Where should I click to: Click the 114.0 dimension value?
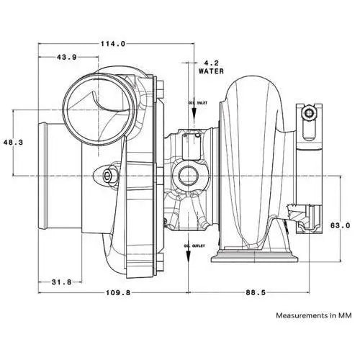pyautogui.click(x=114, y=43)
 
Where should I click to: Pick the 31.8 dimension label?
pyautogui.click(x=60, y=282)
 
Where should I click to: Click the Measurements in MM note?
pyautogui.click(x=314, y=315)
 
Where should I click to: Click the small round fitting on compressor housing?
pyautogui.click(x=109, y=175)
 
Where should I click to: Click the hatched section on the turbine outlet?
pyautogui.click(x=298, y=214)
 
